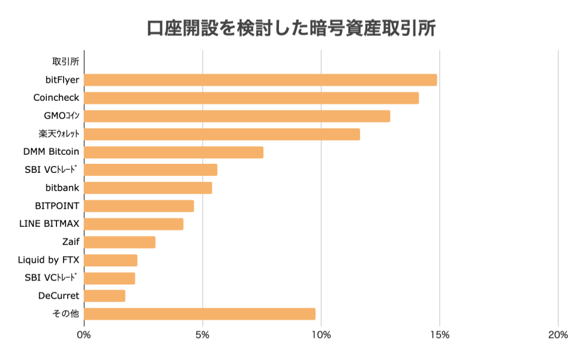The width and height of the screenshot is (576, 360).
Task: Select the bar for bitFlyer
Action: pos(260,80)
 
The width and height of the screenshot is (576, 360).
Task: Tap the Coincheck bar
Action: pos(251,98)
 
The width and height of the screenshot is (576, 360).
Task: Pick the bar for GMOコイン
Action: pos(237,116)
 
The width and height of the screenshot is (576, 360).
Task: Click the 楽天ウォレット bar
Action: pos(222,134)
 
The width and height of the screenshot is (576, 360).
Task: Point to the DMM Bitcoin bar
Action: pos(174,152)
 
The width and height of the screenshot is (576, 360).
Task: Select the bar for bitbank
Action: pos(148,188)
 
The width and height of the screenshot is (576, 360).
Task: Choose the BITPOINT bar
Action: pos(139,206)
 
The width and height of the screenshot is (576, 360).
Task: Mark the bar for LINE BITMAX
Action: pos(134,224)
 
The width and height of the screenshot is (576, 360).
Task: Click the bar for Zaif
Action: pos(120,242)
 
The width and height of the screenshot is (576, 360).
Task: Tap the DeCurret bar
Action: pos(105,296)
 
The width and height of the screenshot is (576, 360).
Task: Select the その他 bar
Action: pos(200,314)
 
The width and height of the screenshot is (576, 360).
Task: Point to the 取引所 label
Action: pos(65,61)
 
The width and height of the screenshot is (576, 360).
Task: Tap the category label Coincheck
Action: pos(56,97)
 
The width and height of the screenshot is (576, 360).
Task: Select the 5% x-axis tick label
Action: pos(203,335)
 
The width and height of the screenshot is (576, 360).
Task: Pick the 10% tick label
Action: pos(321,335)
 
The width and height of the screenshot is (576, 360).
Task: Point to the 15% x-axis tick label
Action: pos(440,335)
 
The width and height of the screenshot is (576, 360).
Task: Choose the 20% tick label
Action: pos(558,335)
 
